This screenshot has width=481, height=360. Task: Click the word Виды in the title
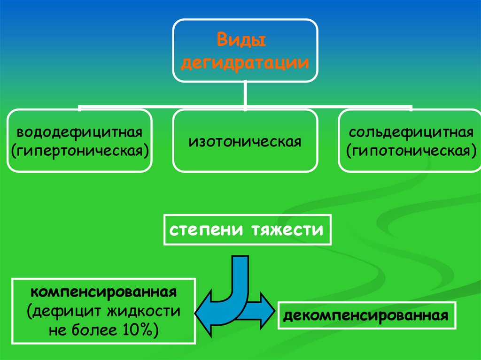point(241,40)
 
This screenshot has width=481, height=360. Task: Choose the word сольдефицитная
point(411,132)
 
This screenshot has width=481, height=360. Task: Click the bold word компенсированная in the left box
point(104,292)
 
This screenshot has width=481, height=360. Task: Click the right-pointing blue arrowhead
point(265,307)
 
